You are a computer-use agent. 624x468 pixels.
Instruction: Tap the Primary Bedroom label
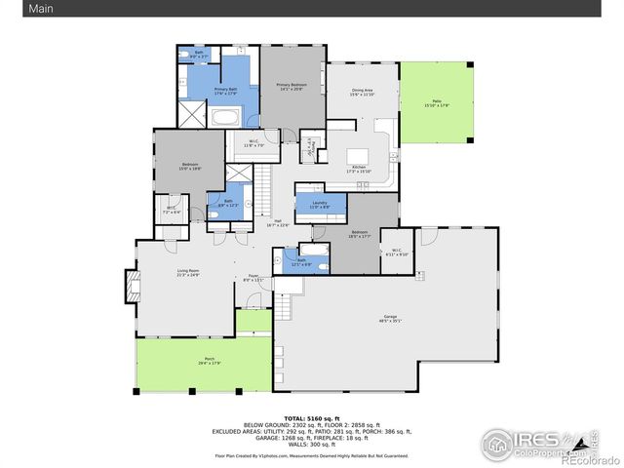point(291,87)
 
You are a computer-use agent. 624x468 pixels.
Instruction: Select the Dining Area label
point(363,93)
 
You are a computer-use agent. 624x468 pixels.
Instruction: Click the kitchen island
point(357,154)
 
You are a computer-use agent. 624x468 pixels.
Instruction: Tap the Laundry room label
point(320,205)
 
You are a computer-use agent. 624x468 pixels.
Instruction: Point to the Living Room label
point(188,272)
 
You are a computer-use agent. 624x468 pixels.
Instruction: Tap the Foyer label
point(252,278)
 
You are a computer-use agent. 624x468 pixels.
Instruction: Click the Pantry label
point(311,147)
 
